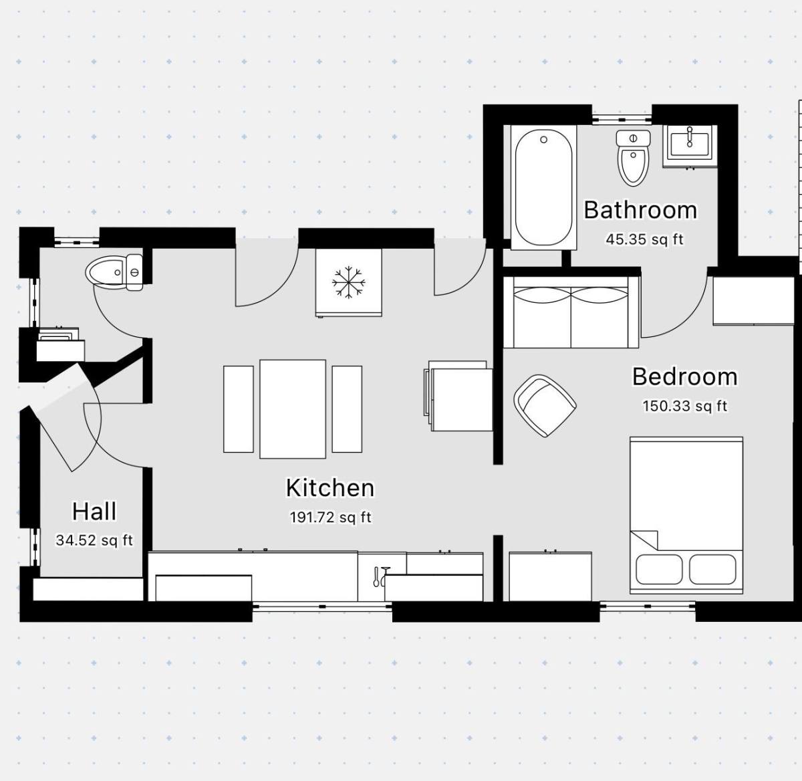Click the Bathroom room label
(640, 210)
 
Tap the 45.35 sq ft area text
(644, 239)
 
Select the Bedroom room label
(684, 376)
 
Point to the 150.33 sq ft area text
(684, 406)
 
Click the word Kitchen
(330, 487)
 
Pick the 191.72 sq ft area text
(330, 517)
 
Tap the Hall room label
(94, 512)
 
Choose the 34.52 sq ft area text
(94, 540)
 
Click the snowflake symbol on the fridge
(349, 282)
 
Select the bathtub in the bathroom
(543, 188)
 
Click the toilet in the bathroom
(634, 158)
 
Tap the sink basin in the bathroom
(690, 146)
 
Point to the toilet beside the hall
(114, 272)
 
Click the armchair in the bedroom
(545, 406)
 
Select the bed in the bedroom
(686, 516)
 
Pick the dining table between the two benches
(293, 409)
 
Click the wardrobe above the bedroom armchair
(571, 312)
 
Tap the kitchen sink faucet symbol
(381, 576)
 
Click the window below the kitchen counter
(322, 606)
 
